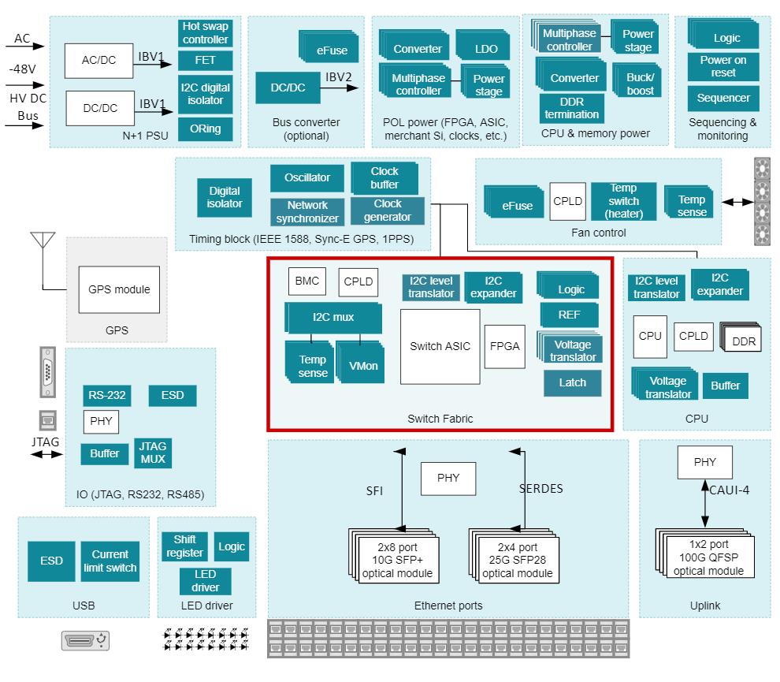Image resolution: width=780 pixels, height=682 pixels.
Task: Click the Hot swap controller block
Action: [206, 33]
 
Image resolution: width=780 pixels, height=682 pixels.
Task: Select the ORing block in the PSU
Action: [206, 129]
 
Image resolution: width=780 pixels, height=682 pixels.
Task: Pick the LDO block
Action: [486, 49]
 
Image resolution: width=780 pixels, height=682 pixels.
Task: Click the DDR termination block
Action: [573, 108]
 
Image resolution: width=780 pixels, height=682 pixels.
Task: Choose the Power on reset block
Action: [722, 66]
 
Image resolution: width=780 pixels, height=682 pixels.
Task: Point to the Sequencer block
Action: [722, 99]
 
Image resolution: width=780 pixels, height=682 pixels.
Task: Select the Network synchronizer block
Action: [307, 211]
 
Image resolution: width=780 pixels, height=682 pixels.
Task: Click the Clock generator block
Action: [388, 211]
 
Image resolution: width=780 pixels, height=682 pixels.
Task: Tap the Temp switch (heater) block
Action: [624, 200]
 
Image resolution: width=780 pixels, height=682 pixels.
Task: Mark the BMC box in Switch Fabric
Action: [306, 281]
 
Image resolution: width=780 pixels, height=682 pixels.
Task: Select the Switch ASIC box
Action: [440, 346]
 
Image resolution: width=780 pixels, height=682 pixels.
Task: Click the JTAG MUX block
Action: [152, 453]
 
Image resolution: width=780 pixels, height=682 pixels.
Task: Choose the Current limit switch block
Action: [110, 561]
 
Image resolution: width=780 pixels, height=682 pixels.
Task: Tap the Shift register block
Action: [184, 546]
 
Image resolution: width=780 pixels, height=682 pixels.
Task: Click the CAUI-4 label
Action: [730, 490]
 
